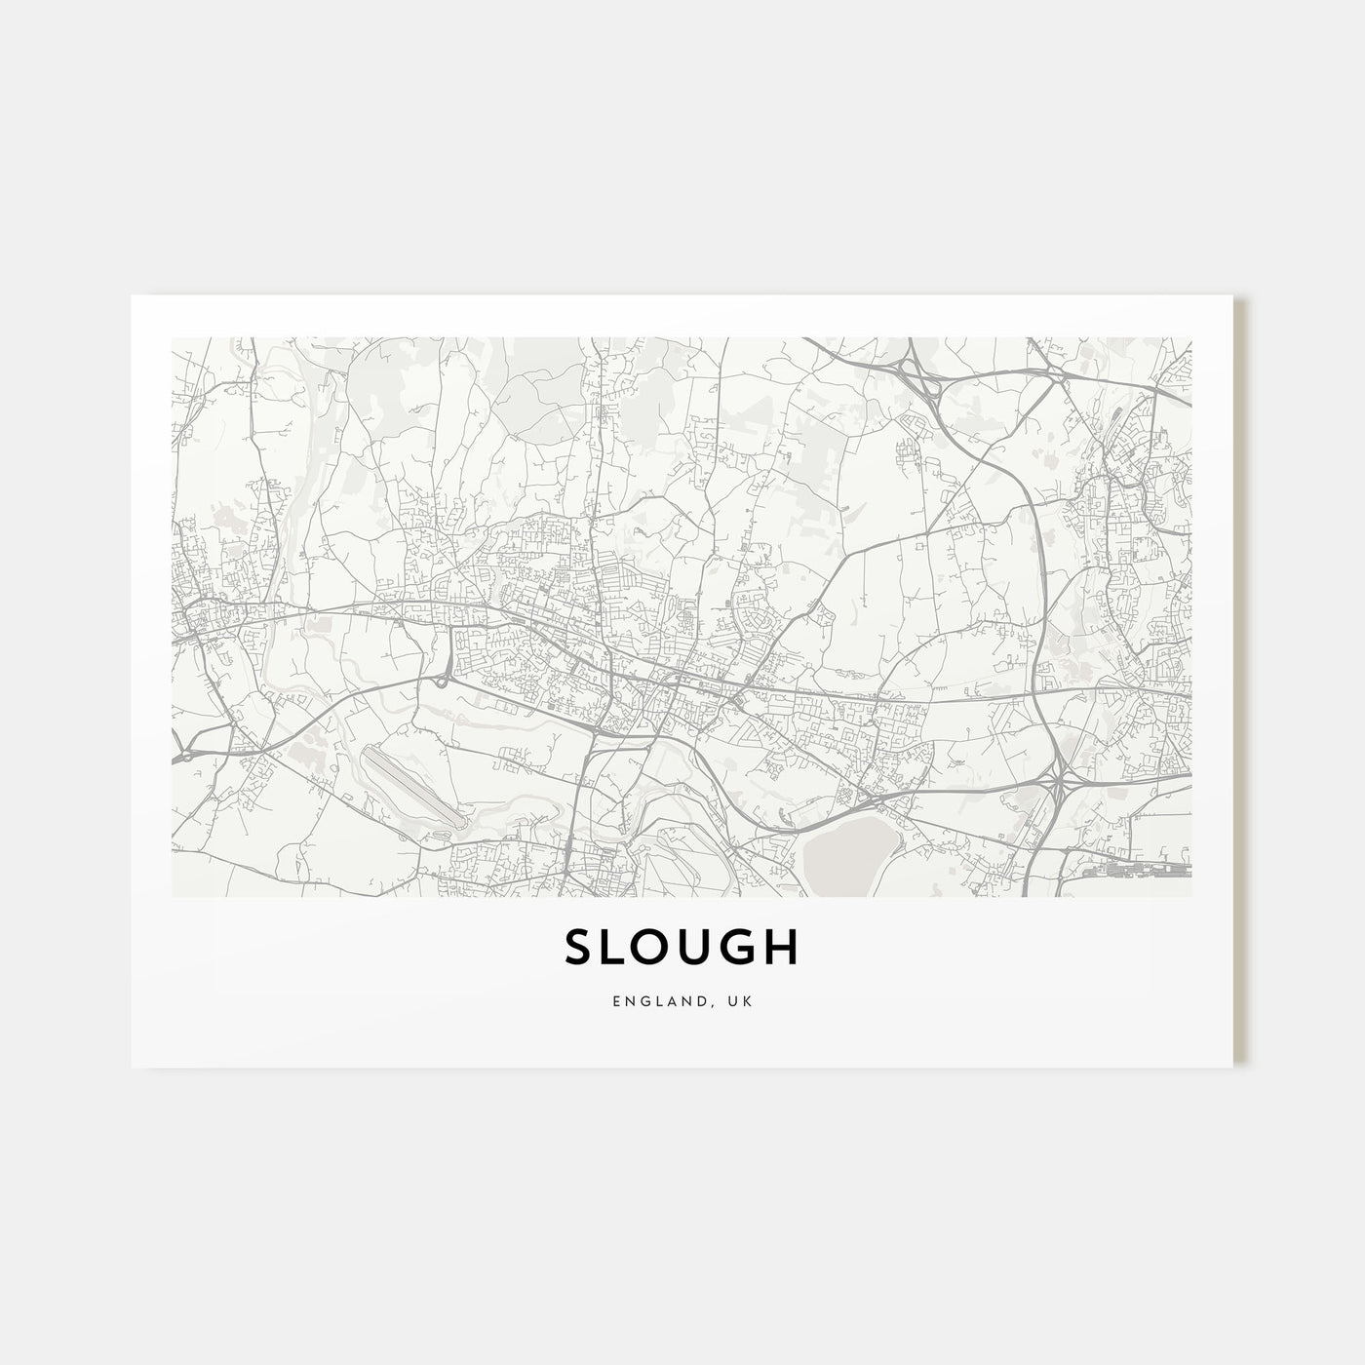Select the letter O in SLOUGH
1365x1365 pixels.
click(668, 947)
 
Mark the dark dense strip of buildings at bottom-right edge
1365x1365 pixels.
click(1135, 866)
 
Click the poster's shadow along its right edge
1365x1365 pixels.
click(1240, 682)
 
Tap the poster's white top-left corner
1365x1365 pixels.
click(136, 300)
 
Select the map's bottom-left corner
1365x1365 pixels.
click(173, 895)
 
